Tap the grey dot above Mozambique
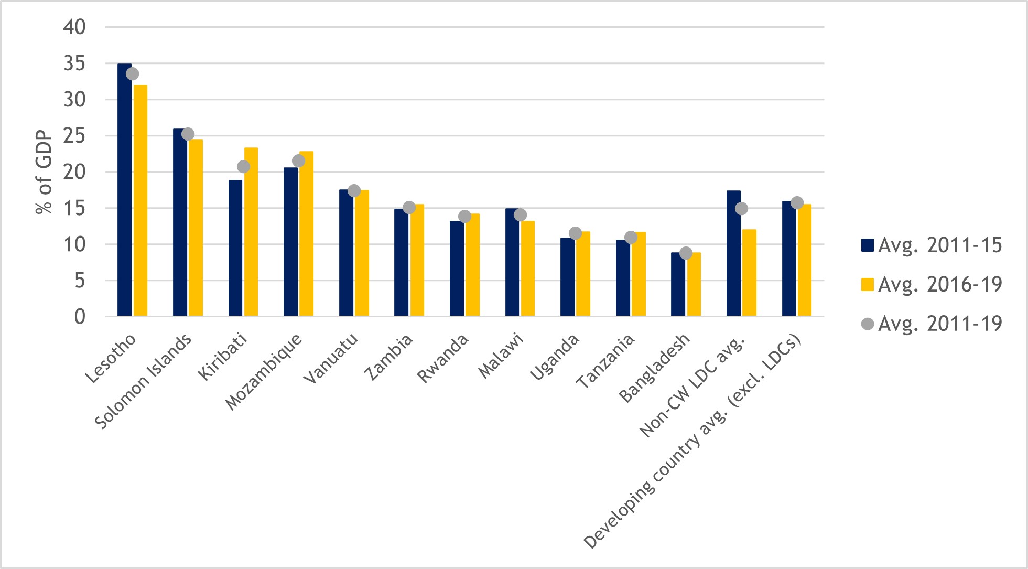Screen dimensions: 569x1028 coord(298,161)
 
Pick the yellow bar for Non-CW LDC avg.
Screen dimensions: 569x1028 coord(749,273)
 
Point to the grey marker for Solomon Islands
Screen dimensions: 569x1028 coord(188,134)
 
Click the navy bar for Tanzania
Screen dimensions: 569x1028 coord(623,278)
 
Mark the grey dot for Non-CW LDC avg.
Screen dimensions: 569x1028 coord(741,209)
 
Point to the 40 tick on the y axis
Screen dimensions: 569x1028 coord(74,27)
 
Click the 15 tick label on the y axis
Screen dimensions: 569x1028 coord(74,208)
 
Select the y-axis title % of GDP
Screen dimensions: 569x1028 coord(44,172)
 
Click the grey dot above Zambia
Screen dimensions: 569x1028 coord(409,208)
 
